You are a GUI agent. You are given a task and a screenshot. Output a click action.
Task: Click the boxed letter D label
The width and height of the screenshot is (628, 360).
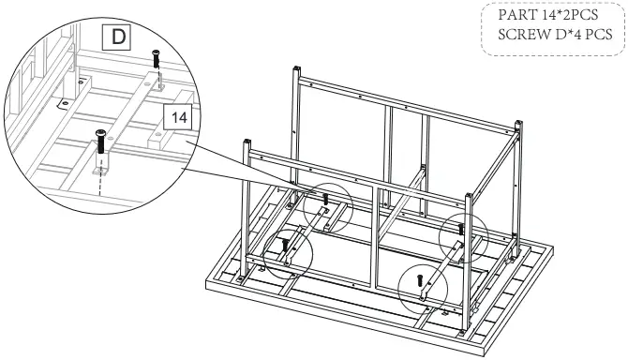click(115, 37)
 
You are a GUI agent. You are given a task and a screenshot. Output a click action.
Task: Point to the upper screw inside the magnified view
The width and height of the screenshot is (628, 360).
click(155, 59)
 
